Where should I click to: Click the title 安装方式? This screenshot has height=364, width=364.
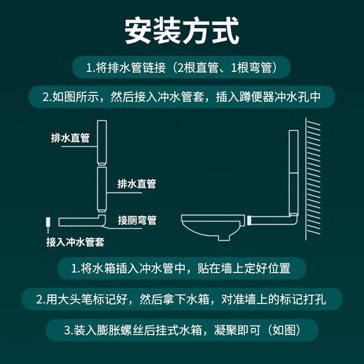181,31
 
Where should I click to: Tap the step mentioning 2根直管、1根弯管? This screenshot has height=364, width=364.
182,69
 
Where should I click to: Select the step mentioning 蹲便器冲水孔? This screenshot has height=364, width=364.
181,96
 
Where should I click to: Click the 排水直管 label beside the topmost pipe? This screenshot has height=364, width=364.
70,138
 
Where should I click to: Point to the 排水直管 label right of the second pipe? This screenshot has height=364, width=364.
136,184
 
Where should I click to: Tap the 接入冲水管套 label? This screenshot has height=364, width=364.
75,242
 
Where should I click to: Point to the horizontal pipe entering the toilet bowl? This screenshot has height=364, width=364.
269,221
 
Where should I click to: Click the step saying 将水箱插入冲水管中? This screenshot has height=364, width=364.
181,268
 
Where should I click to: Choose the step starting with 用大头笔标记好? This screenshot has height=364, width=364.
181,299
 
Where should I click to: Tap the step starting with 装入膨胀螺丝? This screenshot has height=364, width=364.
181,329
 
